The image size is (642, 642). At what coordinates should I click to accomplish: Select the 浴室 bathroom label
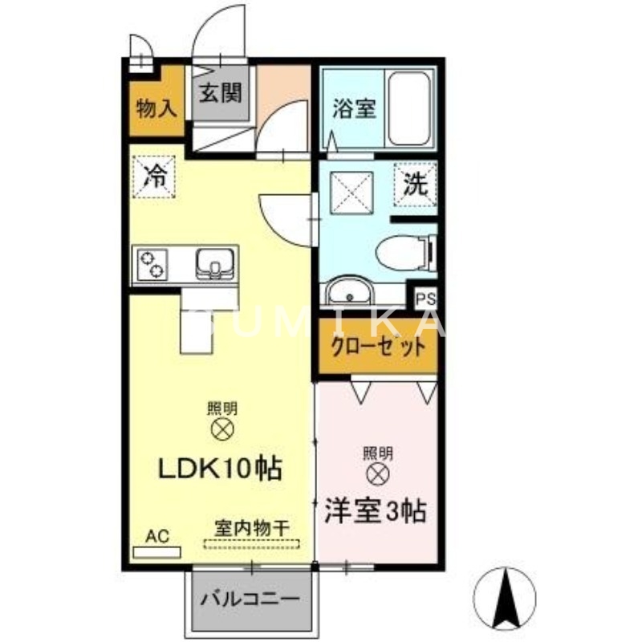point(353,109)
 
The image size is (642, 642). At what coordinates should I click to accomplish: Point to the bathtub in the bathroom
point(409,108)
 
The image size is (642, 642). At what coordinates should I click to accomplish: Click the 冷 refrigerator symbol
point(152,175)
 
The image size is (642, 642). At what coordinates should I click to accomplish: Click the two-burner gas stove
point(153,262)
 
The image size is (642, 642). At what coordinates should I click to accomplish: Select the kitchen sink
point(213,262)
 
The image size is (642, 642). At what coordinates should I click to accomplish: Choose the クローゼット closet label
point(377,347)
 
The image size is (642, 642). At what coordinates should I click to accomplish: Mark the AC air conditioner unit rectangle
point(157,552)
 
